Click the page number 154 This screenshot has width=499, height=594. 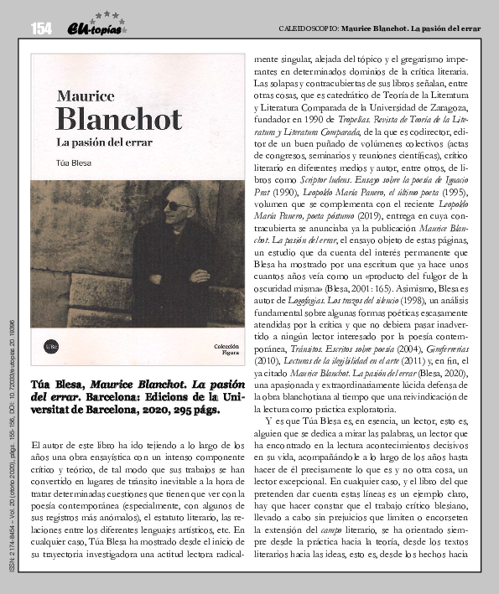point(41,29)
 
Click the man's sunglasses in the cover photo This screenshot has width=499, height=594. point(176,205)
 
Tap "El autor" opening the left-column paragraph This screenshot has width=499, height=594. point(44,442)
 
